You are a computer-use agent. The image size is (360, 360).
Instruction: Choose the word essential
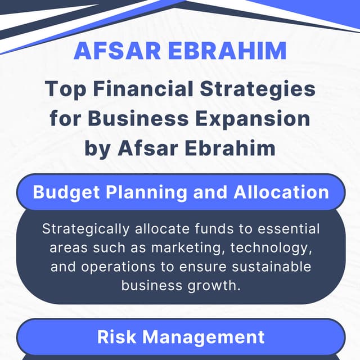coord(286,229)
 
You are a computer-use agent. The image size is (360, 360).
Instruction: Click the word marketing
coord(178,247)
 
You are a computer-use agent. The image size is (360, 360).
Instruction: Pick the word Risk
coord(118,336)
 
